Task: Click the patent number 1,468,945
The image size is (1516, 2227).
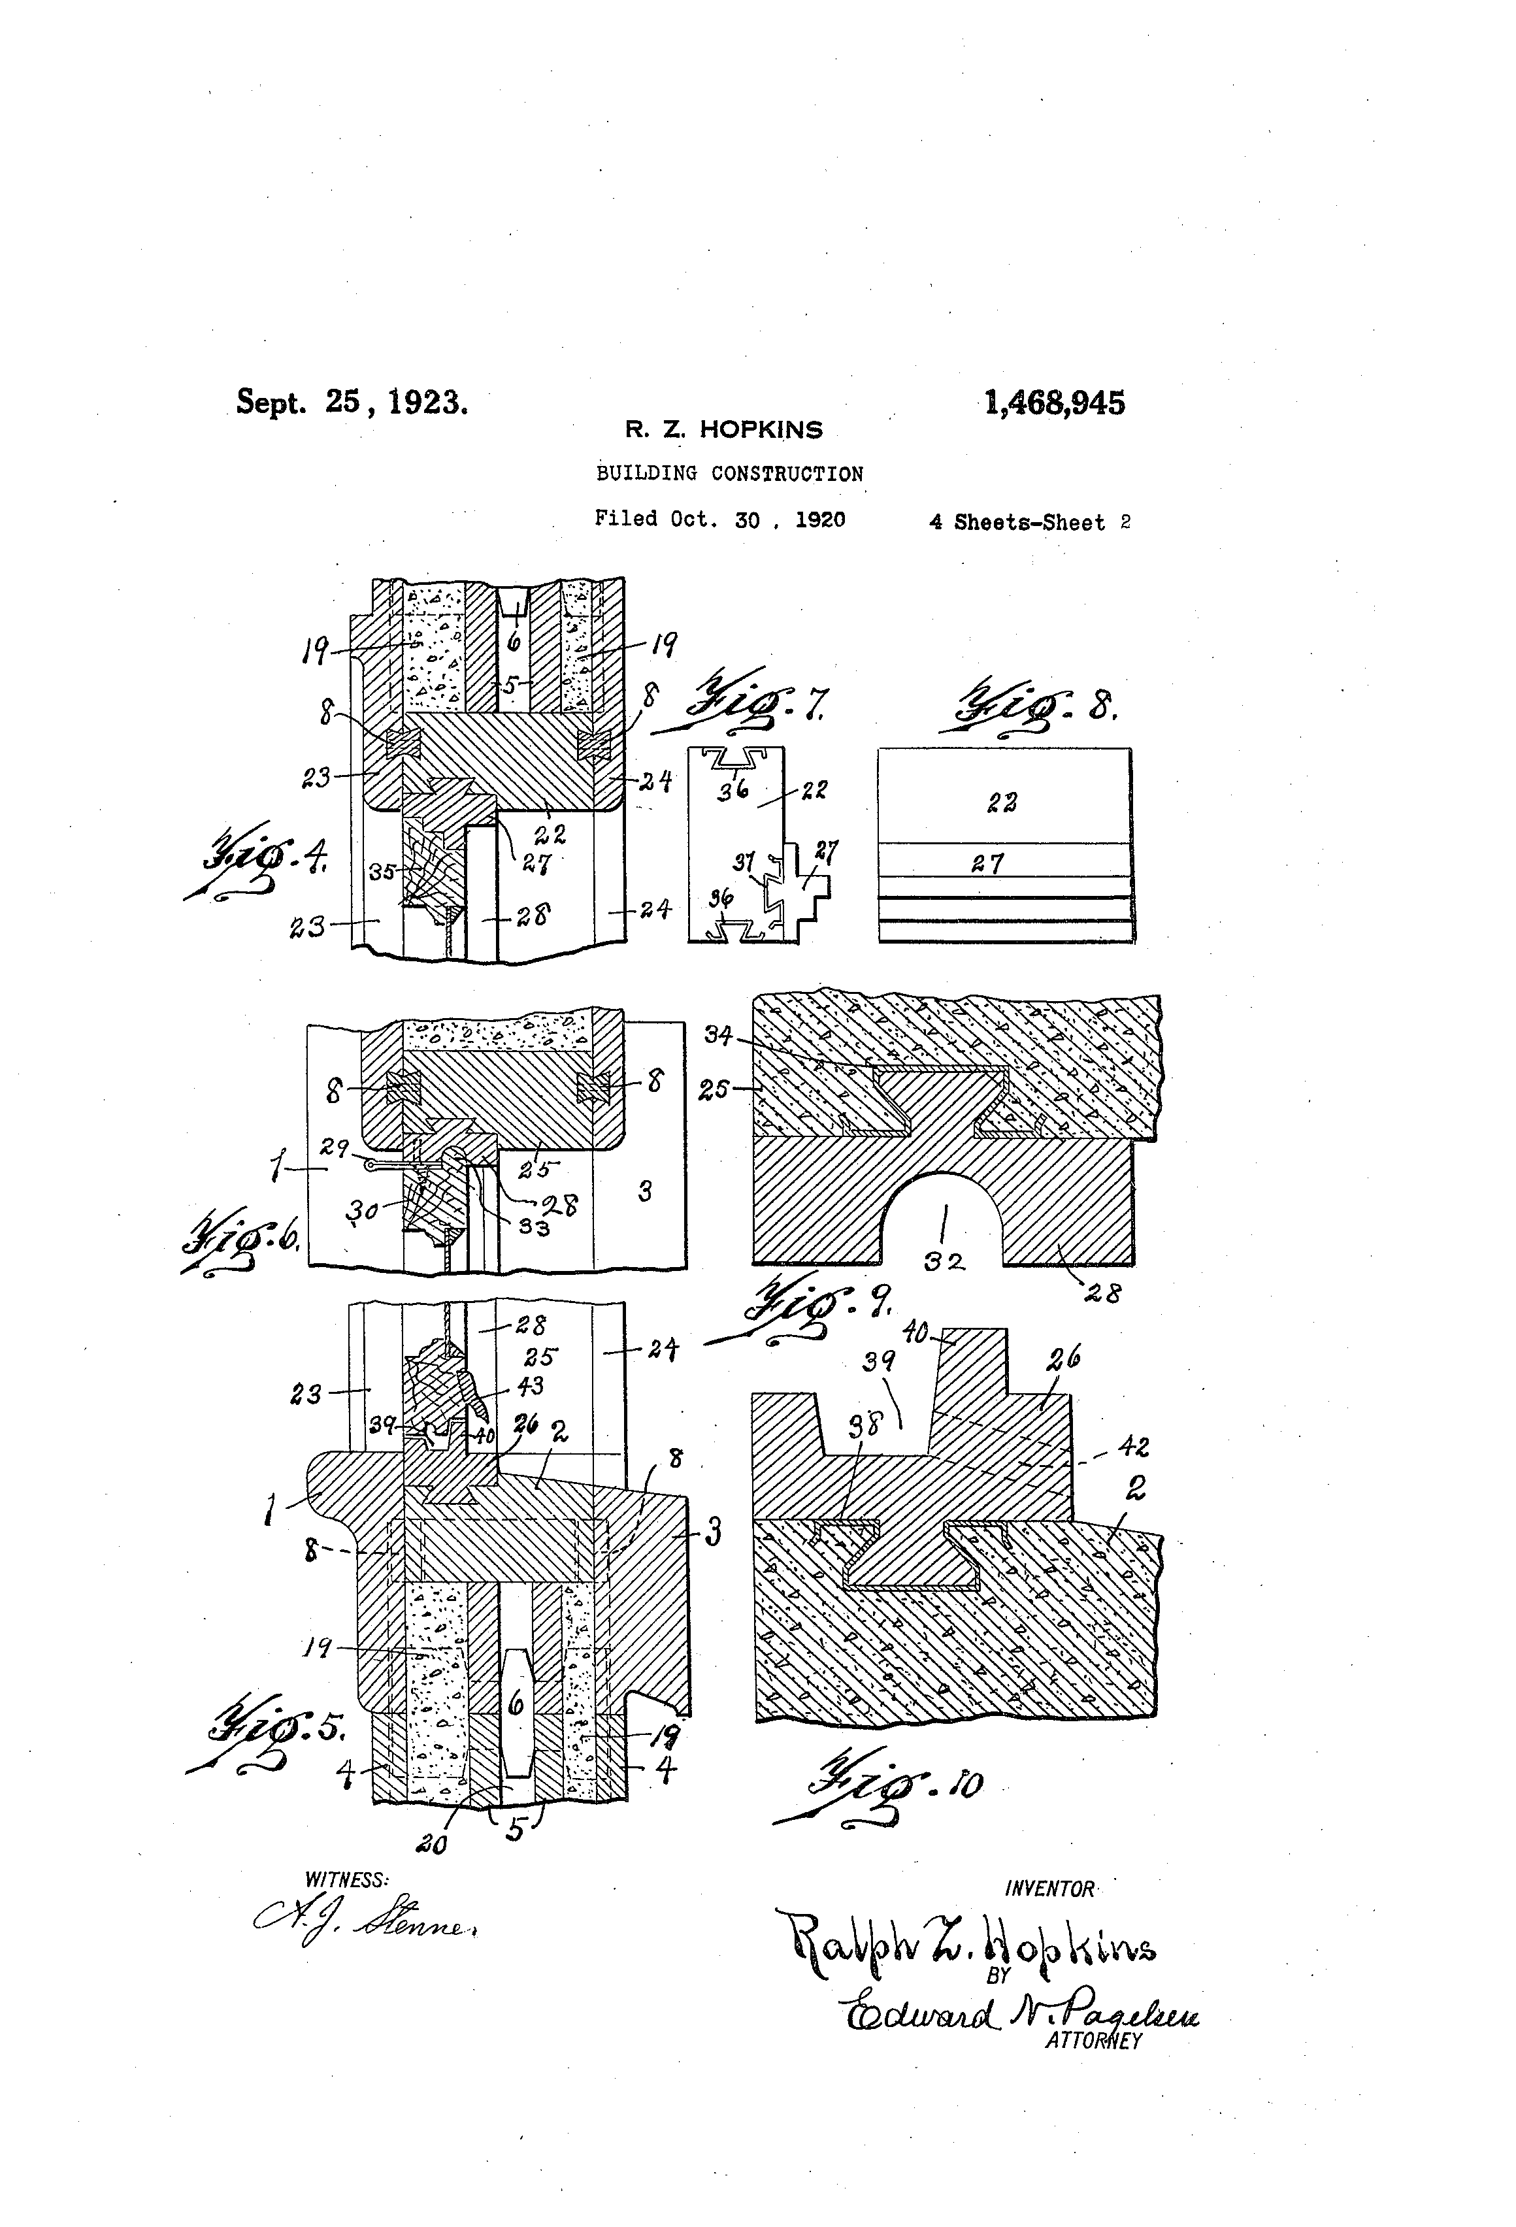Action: coord(1054,403)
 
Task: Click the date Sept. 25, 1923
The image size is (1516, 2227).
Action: coord(352,401)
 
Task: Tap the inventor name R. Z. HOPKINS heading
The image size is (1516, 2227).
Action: coord(723,430)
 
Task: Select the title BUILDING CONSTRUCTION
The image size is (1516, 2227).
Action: coord(729,473)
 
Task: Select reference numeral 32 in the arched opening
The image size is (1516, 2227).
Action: coord(945,1262)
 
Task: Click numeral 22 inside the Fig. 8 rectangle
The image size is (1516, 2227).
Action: coord(1002,802)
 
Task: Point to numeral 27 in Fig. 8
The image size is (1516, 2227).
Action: coord(987,863)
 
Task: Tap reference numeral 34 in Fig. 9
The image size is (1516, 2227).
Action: coord(719,1034)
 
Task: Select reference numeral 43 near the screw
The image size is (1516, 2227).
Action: coord(530,1385)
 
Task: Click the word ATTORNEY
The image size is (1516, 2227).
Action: coord(1093,2040)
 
